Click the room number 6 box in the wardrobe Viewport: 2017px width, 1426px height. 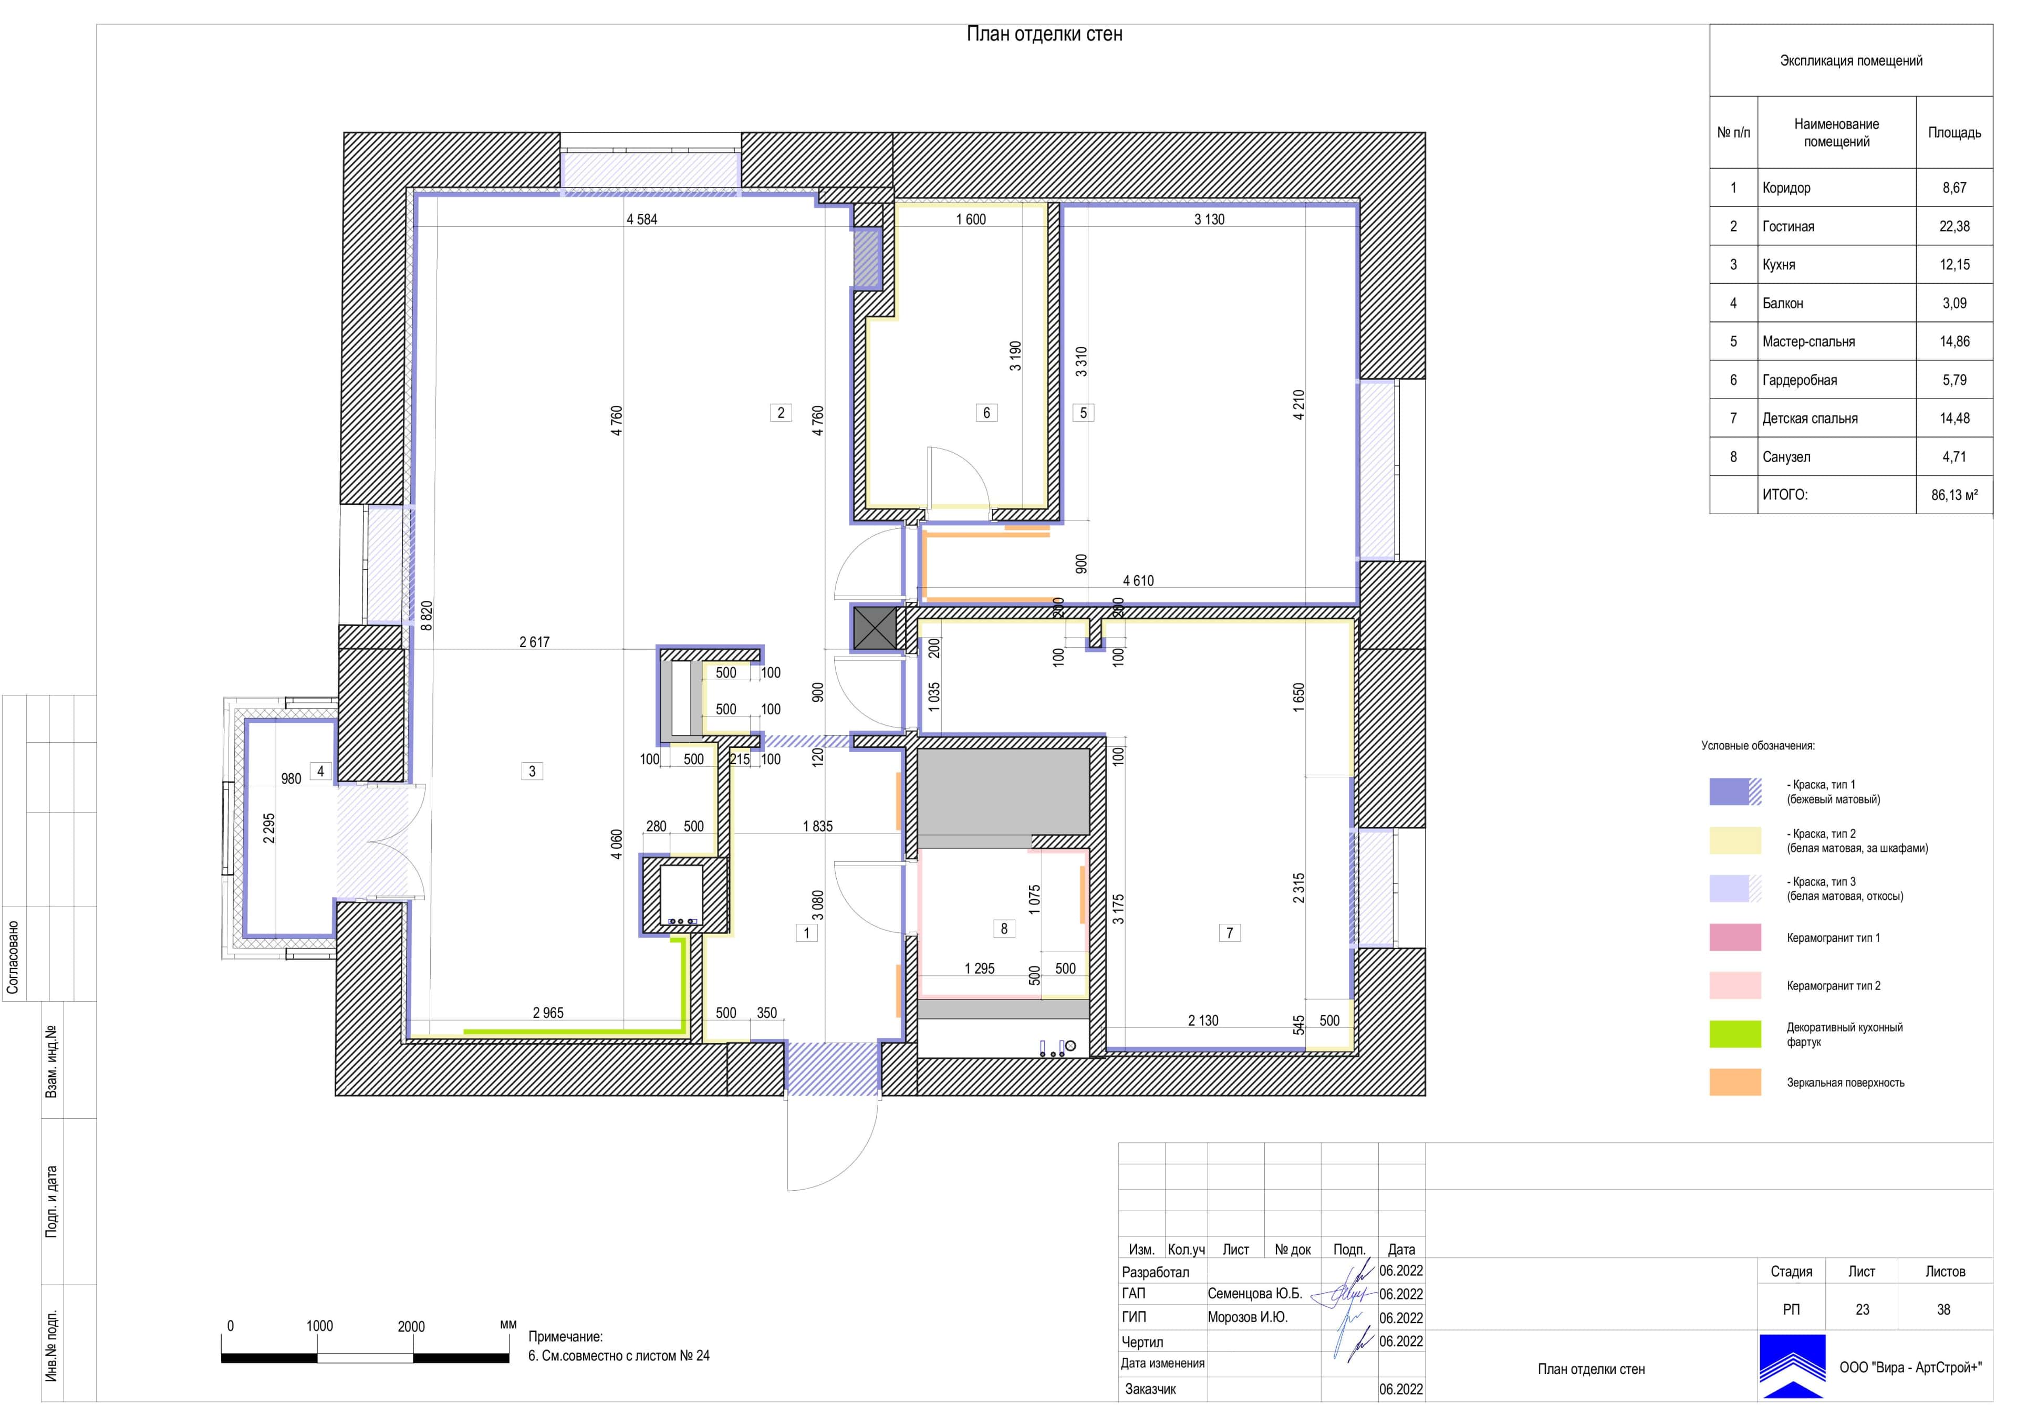pos(986,412)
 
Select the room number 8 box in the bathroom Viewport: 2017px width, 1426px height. pos(1004,929)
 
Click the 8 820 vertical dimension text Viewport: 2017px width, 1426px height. pos(427,616)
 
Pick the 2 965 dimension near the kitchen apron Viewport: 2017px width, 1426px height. pos(548,1013)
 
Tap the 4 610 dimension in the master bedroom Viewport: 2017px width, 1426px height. pos(1139,581)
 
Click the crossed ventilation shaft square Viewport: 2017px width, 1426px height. pos(875,628)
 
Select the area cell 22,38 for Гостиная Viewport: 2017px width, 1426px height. pos(1954,227)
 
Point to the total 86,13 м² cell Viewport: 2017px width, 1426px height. pos(1954,495)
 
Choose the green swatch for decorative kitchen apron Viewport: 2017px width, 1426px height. pos(1735,1034)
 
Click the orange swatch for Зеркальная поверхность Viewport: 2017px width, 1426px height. pos(1735,1082)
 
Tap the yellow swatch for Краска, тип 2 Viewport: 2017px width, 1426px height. pos(1735,841)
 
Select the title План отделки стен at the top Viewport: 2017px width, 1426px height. pos(1045,34)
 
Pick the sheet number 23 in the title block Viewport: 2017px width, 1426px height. pos(1863,1309)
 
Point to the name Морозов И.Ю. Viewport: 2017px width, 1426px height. pos(1247,1317)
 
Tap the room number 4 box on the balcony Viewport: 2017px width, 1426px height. pos(320,772)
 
